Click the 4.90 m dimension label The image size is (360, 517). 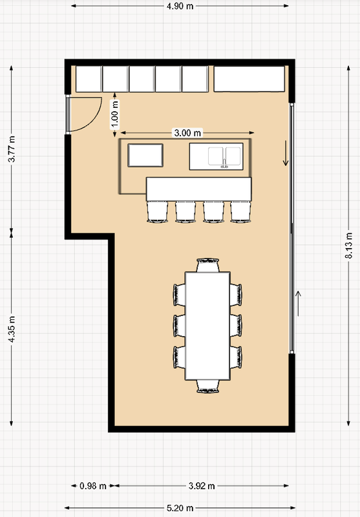tap(180, 6)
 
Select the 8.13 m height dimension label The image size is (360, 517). tap(349, 245)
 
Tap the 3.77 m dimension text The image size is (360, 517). tap(12, 149)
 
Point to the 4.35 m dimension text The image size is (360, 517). tap(12, 329)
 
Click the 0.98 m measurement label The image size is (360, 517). tap(93, 486)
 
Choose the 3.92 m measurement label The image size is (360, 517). tap(202, 486)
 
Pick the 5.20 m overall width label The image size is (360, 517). tap(180, 508)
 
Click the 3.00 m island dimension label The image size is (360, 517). tap(187, 133)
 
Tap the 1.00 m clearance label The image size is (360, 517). tap(114, 114)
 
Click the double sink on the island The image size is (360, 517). tap(224, 156)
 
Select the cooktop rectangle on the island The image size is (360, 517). tap(145, 155)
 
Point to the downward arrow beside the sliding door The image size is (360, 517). tap(286, 153)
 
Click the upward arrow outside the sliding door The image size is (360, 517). tap(298, 304)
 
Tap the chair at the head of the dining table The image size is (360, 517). tap(207, 265)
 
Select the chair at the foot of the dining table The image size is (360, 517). tap(208, 386)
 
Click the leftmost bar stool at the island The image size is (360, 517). tap(157, 212)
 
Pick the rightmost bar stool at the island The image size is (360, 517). tap(240, 212)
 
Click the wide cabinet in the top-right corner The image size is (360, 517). tap(249, 79)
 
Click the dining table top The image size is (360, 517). tap(207, 326)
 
